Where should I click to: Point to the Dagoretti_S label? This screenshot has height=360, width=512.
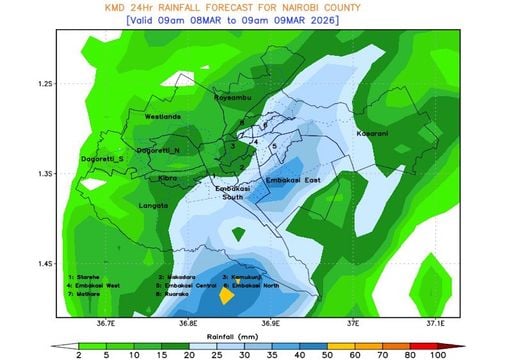103,159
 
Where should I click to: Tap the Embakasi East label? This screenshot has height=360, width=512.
292,180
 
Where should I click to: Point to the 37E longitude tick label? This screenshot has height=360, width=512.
353,324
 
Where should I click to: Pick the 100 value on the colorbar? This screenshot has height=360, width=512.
437,354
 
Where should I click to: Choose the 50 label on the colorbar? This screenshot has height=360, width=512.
329,354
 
